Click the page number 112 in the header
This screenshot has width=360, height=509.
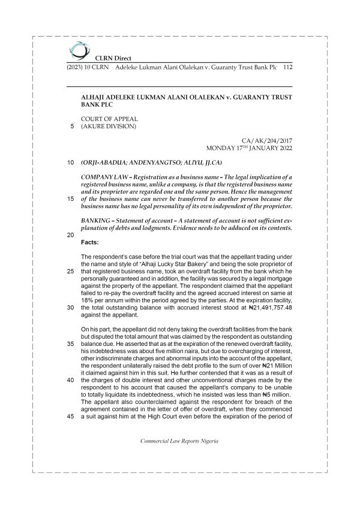pos(287,67)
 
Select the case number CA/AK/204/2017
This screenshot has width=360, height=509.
pos(266,140)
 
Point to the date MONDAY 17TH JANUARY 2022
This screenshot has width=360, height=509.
pos(248,147)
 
